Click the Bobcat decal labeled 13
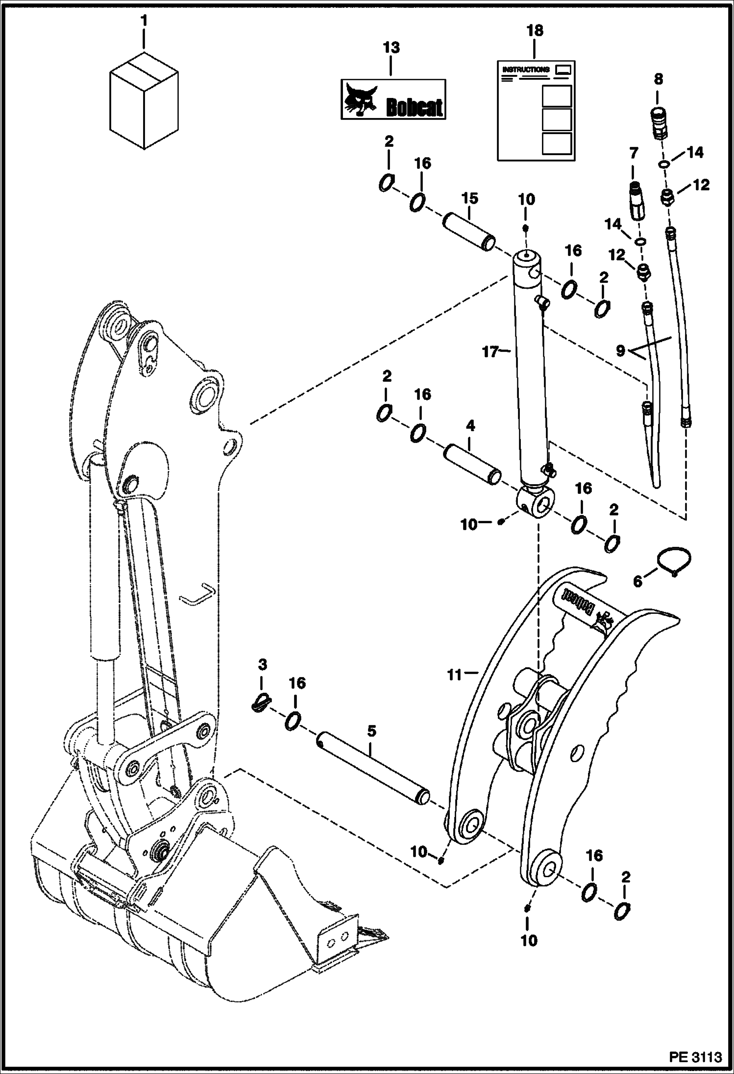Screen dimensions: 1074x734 click(393, 99)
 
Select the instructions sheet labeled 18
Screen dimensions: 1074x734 click(536, 111)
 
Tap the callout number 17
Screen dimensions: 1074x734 click(490, 351)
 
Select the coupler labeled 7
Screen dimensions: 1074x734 click(635, 203)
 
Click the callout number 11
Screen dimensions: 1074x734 click(455, 675)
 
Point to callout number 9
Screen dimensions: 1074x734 click(620, 351)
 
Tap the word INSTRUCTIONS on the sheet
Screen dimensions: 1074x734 click(526, 70)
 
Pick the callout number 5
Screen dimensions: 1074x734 click(371, 731)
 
